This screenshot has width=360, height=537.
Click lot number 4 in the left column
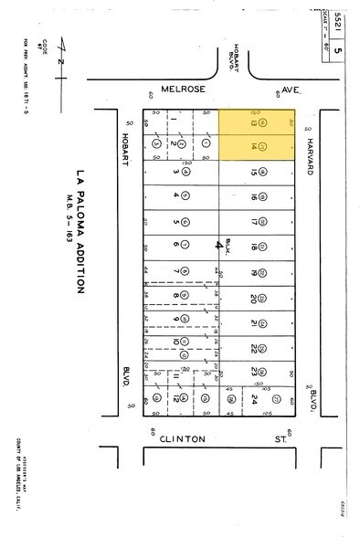pos(174,195)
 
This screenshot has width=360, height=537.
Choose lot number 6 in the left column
pos(174,245)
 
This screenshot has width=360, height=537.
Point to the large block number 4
pos(218,245)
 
